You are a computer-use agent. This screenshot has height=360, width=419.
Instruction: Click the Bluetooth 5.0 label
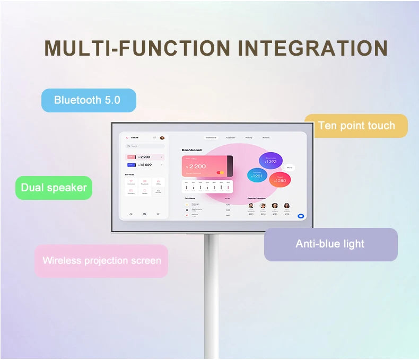point(88,100)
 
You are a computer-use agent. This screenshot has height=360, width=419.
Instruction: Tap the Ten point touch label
point(356,126)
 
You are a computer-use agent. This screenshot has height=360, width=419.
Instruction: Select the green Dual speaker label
point(54,188)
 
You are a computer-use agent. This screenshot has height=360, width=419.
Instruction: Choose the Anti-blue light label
point(330,244)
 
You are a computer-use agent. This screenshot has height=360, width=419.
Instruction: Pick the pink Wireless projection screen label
point(101,260)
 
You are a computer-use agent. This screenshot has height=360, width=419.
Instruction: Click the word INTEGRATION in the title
point(313,48)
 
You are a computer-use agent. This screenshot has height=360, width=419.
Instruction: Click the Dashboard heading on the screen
point(191,150)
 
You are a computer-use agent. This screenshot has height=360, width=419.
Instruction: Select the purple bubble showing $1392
point(270,161)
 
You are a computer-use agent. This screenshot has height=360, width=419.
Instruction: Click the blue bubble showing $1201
point(257,175)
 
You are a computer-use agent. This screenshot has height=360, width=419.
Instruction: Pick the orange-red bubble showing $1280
point(280,180)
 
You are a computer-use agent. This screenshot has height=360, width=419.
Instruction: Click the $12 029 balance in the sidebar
point(145,165)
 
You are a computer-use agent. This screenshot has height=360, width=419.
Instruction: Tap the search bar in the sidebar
point(144,146)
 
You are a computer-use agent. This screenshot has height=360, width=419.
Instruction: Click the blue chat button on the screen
point(301,216)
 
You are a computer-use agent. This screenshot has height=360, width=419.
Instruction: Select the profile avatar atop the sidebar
point(162,138)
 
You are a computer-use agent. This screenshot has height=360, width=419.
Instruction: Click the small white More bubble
point(290,168)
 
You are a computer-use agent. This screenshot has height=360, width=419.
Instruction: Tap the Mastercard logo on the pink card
point(221,172)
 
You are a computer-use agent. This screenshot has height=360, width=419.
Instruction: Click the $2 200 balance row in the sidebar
point(145,157)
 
